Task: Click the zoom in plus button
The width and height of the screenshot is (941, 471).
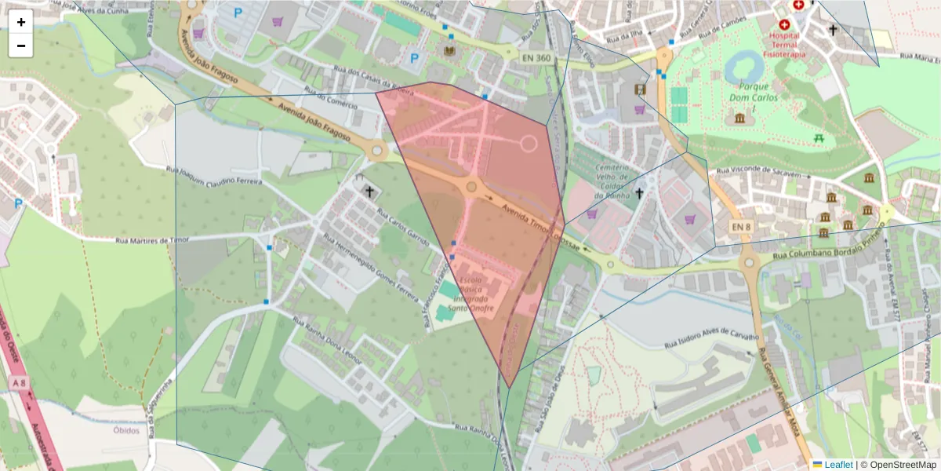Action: pyautogui.click(x=21, y=22)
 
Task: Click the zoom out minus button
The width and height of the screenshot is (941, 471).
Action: pyautogui.click(x=21, y=46)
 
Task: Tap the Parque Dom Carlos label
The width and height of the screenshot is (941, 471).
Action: pyautogui.click(x=752, y=92)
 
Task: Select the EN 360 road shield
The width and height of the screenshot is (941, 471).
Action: pyautogui.click(x=536, y=57)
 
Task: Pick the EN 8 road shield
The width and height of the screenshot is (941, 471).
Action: pyautogui.click(x=741, y=227)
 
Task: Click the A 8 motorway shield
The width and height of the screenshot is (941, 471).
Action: pyautogui.click(x=16, y=382)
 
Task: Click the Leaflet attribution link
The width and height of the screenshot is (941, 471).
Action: pyautogui.click(x=837, y=465)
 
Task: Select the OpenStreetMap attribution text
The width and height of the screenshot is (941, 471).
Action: pyautogui.click(x=902, y=465)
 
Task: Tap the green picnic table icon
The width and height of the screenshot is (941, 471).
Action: pyautogui.click(x=819, y=137)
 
